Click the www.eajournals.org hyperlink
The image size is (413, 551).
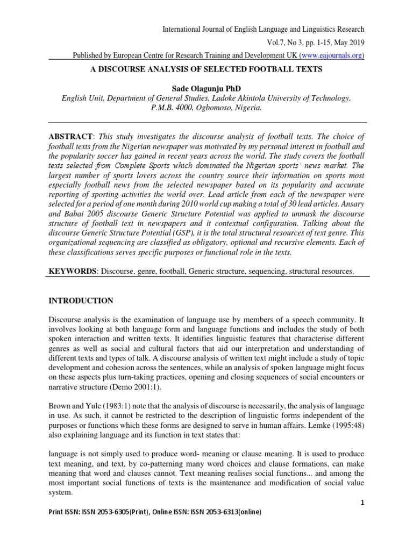point(333,55)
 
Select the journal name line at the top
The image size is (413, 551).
point(264,29)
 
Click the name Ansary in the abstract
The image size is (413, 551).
point(350,208)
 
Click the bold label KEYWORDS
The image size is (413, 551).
point(72,272)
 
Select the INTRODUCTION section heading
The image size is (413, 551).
point(81,301)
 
